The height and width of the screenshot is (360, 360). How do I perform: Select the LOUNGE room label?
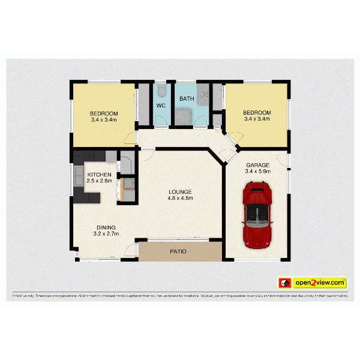(x=180, y=191)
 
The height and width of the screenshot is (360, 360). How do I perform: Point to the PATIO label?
(x=178, y=252)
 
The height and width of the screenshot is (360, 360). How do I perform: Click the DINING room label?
(x=106, y=227)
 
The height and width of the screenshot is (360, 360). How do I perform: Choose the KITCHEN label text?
(x=99, y=174)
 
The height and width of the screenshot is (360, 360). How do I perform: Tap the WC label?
(x=161, y=106)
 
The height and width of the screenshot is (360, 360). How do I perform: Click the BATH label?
(x=186, y=99)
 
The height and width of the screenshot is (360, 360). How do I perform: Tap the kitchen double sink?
(x=79, y=175)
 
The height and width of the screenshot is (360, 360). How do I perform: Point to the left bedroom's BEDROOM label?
(x=104, y=113)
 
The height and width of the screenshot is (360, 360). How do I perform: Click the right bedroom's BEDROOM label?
(x=257, y=112)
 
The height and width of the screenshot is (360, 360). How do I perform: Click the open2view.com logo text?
(x=320, y=282)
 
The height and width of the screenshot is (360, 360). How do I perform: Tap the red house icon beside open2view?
(x=284, y=283)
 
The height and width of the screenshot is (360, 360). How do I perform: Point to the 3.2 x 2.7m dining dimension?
(x=106, y=234)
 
